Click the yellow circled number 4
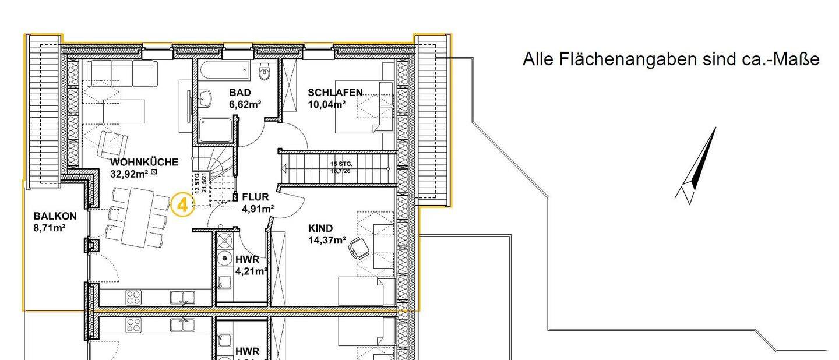(182, 205)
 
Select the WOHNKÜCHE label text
(144, 161)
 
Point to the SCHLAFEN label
(335, 93)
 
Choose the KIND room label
(320, 228)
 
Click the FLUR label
(255, 197)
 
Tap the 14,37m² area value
(327, 240)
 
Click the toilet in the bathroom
(265, 73)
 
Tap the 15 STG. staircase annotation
(341, 164)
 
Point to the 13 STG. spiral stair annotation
(199, 182)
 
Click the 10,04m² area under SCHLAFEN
(326, 105)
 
